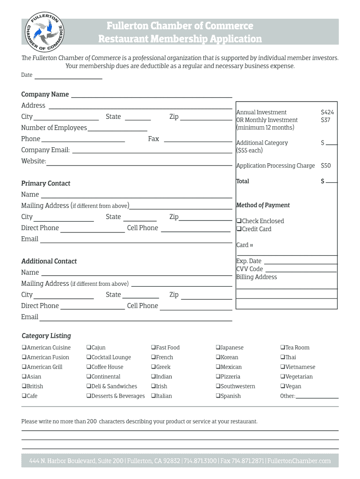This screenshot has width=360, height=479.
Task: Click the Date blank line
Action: pos(68,78)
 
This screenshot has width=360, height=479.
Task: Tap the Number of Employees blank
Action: pos(117,130)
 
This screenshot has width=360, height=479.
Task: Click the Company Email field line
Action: pos(152,152)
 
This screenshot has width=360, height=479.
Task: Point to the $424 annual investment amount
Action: pos(327,112)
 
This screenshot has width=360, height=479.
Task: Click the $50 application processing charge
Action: pos(325,166)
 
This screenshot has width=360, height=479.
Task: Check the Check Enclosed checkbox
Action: pos(239,221)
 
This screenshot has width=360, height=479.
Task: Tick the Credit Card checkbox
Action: pos(239,229)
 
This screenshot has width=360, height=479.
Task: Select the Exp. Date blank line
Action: pos(300,263)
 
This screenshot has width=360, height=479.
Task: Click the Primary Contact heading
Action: pos(46,183)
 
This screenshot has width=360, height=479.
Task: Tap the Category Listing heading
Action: pos(46,336)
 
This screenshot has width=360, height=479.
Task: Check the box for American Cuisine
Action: pos(24,348)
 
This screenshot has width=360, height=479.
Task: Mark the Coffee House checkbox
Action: pos(88,367)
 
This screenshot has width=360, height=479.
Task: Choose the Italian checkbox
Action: pos(153,396)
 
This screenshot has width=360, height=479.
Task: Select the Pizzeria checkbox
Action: pos(218,377)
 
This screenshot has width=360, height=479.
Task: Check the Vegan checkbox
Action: pos(283,386)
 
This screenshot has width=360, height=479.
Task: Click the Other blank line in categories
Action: pos(317,397)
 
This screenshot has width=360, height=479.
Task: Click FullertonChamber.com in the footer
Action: pos(299,461)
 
